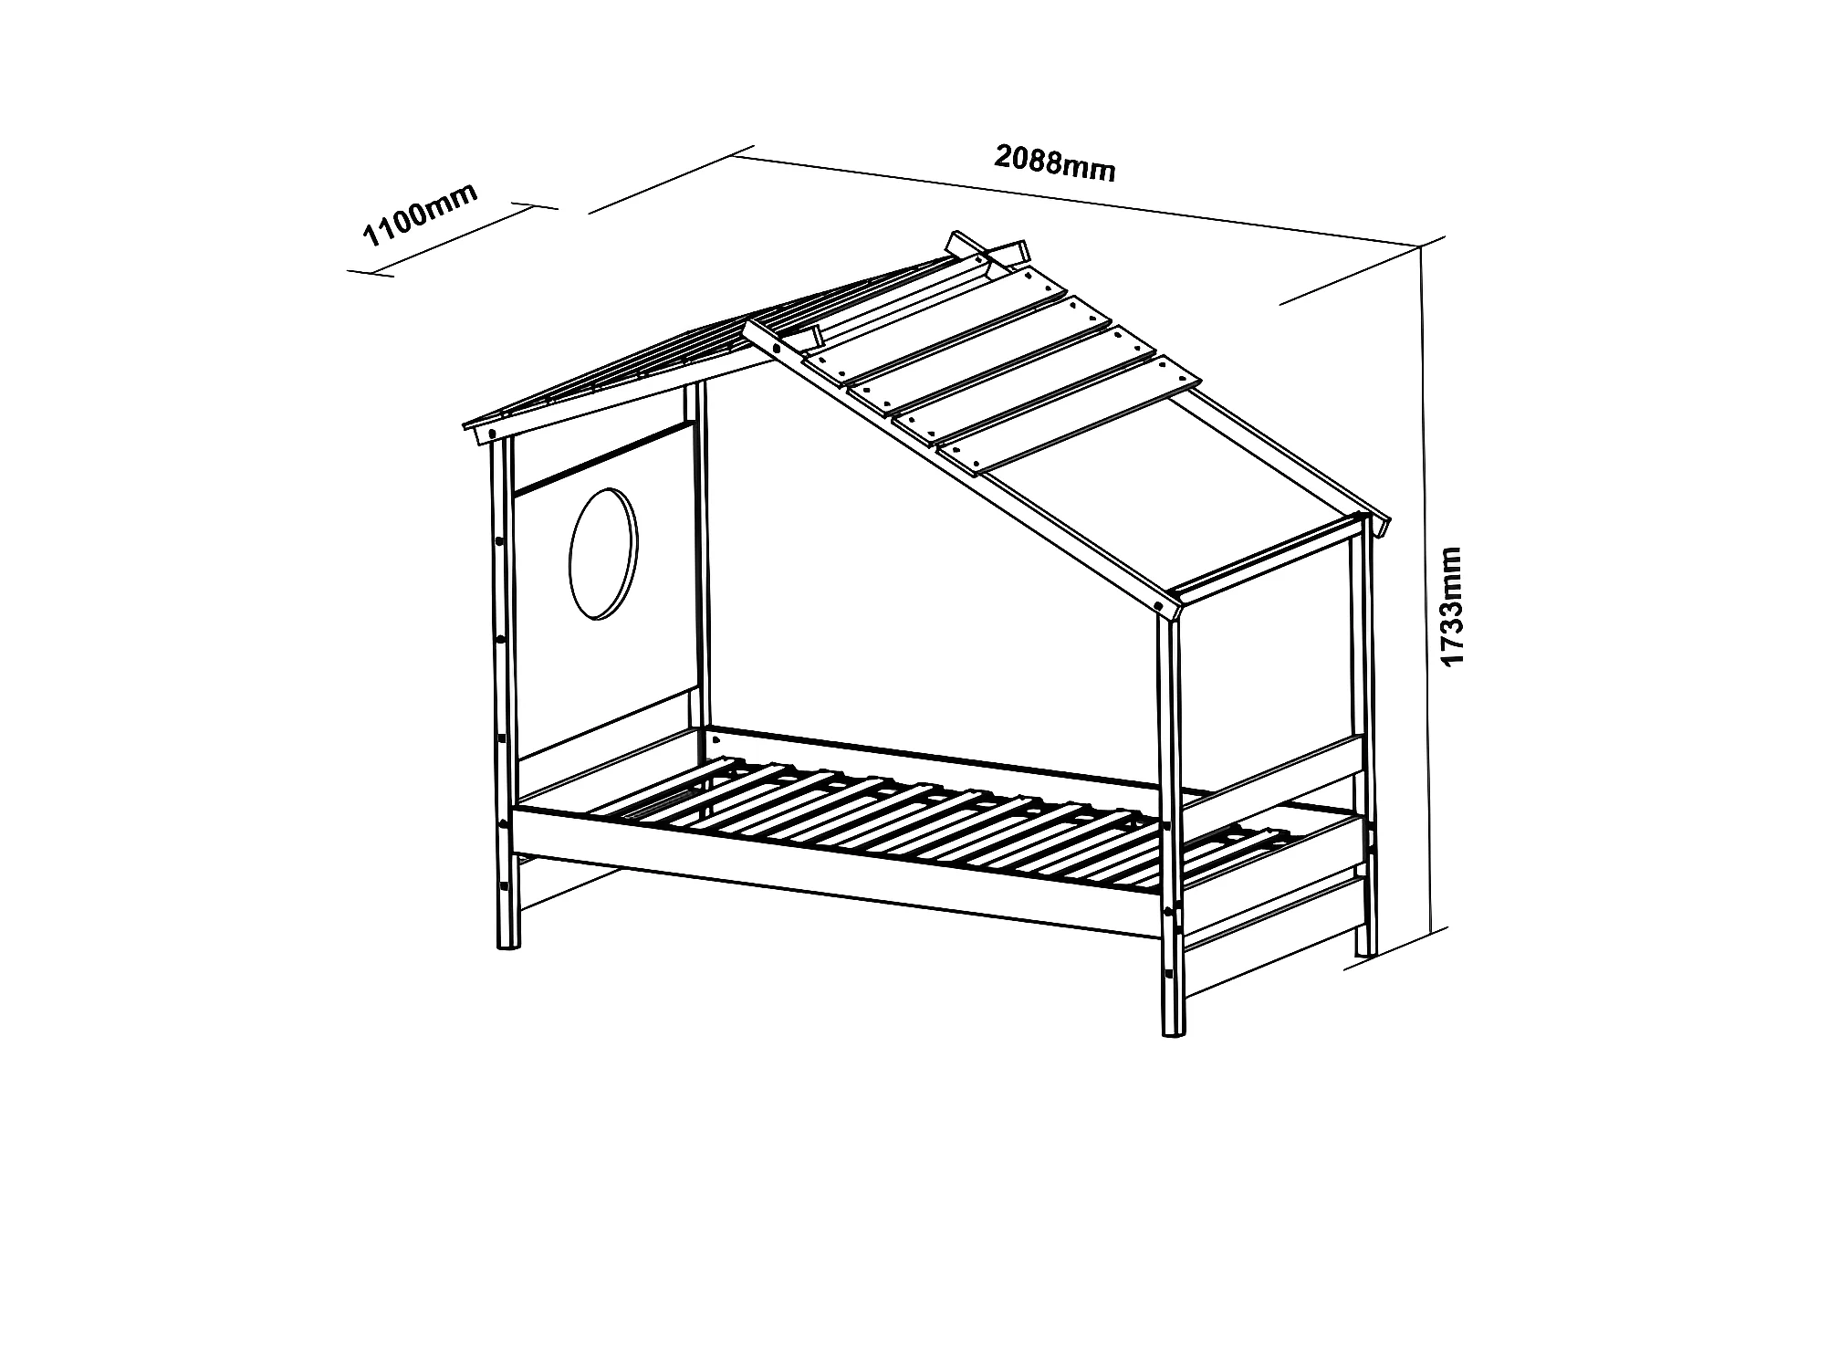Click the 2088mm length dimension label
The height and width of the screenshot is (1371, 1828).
coord(1054,163)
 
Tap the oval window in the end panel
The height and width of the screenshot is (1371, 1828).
coord(603,554)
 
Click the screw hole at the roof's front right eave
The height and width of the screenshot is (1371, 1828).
coord(1160,604)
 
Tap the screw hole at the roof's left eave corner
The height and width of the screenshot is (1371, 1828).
coord(493,433)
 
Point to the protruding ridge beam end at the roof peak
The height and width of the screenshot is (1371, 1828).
coord(960,243)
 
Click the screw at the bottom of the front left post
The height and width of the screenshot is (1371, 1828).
coord(503,886)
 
